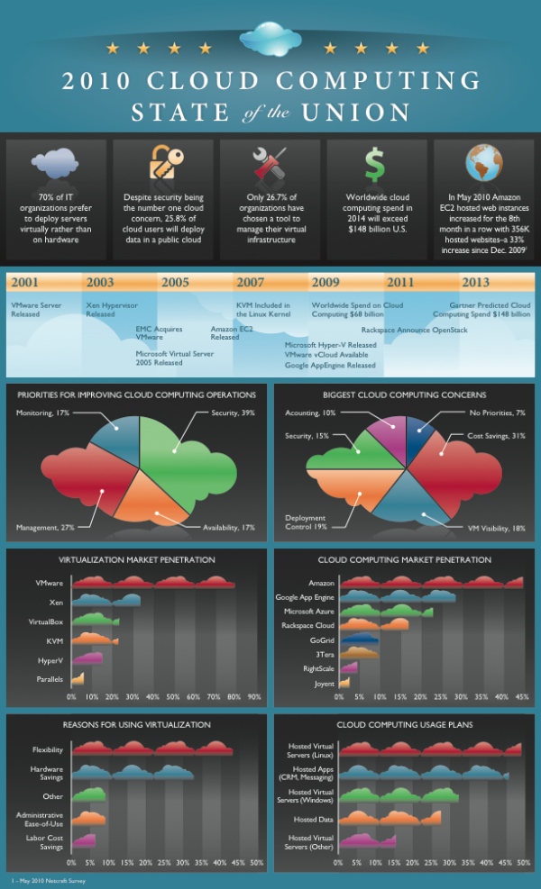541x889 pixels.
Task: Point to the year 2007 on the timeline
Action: pos(251,282)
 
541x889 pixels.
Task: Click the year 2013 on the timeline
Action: pos(475,282)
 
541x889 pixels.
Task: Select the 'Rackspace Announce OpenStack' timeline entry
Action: pos(414,331)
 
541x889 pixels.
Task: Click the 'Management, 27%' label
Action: pos(45,526)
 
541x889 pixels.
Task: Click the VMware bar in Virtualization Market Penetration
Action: pos(152,583)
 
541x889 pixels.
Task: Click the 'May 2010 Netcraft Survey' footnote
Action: pos(44,879)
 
